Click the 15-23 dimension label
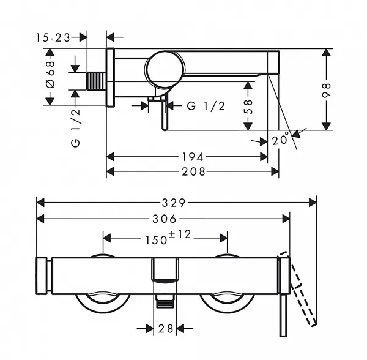[x=53, y=37]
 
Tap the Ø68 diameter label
[x=51, y=74]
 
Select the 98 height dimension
[x=326, y=90]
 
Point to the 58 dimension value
[x=248, y=107]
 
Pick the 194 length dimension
[x=193, y=157]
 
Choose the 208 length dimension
[x=194, y=171]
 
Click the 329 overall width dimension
[x=174, y=203]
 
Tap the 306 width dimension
[x=165, y=219]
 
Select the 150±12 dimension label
[x=169, y=238]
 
